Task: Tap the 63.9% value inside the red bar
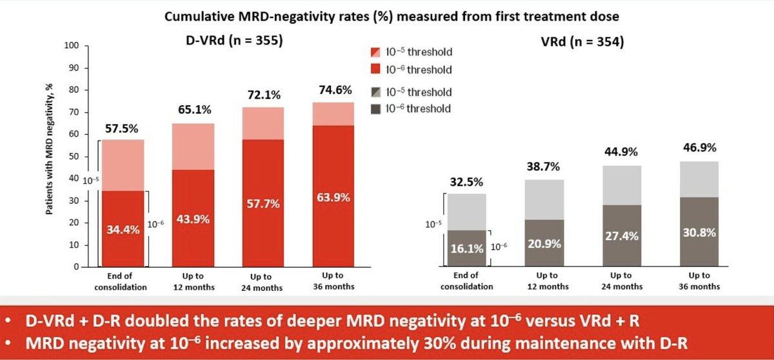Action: (x=333, y=197)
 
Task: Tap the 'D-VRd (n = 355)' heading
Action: (x=231, y=41)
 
